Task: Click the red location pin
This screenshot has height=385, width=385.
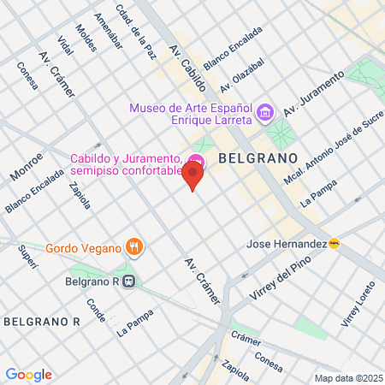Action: [x=193, y=177]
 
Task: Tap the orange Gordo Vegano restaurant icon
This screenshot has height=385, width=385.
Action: [x=133, y=248]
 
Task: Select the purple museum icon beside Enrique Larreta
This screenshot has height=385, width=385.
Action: [x=265, y=112]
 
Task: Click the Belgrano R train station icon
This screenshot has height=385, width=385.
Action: [x=128, y=279]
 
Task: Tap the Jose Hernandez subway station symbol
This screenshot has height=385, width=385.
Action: [x=335, y=244]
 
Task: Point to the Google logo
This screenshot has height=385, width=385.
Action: [x=28, y=374]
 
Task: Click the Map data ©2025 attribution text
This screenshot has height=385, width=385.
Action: [x=347, y=378]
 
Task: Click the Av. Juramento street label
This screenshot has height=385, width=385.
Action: [x=313, y=93]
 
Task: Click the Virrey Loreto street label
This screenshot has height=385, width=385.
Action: [x=353, y=310]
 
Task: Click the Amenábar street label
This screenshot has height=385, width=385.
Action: [x=108, y=31]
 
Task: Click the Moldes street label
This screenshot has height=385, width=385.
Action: [x=86, y=38]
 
